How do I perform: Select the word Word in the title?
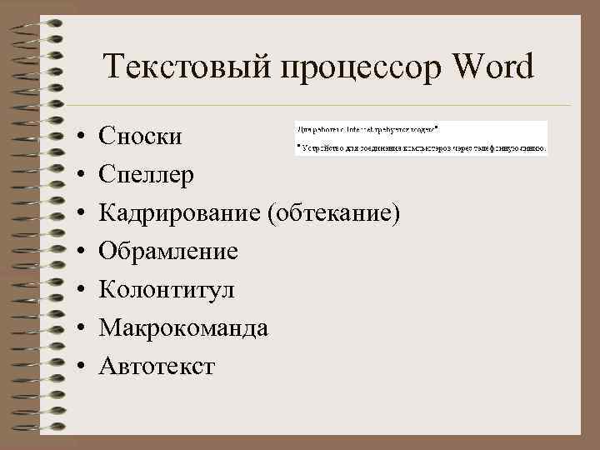pyautogui.click(x=492, y=67)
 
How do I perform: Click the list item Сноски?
pyautogui.click(x=138, y=135)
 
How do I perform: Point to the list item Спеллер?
pyautogui.click(x=147, y=174)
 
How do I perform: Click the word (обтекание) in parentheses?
pyautogui.click(x=333, y=213)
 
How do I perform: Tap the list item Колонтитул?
pyautogui.click(x=167, y=289)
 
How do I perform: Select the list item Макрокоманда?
pyautogui.click(x=183, y=327)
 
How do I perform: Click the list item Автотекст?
pyautogui.click(x=157, y=366)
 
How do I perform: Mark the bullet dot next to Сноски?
pyautogui.click(x=74, y=136)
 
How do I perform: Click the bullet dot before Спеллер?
pyautogui.click(x=74, y=175)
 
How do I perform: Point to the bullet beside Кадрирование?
pyautogui.click(x=74, y=213)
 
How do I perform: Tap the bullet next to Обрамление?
pyautogui.click(x=74, y=252)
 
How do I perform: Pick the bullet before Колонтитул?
pyautogui.click(x=74, y=290)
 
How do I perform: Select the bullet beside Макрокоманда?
pyautogui.click(x=74, y=328)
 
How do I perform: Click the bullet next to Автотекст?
pyautogui.click(x=74, y=367)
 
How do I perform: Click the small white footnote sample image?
pyautogui.click(x=421, y=138)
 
